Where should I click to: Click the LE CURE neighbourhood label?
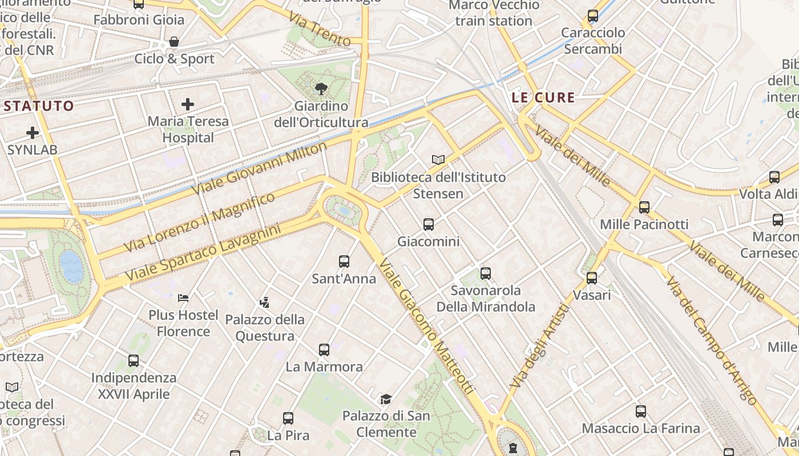click(x=543, y=97)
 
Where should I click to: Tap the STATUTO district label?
click(x=39, y=105)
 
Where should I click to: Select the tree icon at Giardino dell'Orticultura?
click(x=321, y=88)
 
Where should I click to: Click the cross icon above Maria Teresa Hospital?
click(x=187, y=104)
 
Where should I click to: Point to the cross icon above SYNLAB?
click(x=33, y=133)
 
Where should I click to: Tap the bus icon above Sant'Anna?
click(x=344, y=262)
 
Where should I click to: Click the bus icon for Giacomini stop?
click(x=429, y=225)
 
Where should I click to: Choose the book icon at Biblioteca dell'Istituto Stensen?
click(x=438, y=160)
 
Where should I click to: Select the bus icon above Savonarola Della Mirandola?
click(x=486, y=274)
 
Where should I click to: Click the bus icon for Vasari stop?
click(x=592, y=278)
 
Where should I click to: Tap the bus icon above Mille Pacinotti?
click(x=644, y=207)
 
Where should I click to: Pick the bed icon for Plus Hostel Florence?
click(x=183, y=298)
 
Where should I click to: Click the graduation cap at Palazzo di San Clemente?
click(x=386, y=399)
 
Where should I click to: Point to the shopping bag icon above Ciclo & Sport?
click(x=174, y=42)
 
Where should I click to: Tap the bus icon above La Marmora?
click(x=324, y=349)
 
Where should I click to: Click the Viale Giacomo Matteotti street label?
click(x=426, y=327)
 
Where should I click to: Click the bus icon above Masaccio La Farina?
click(x=641, y=411)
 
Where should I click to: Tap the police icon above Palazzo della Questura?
click(x=264, y=302)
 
